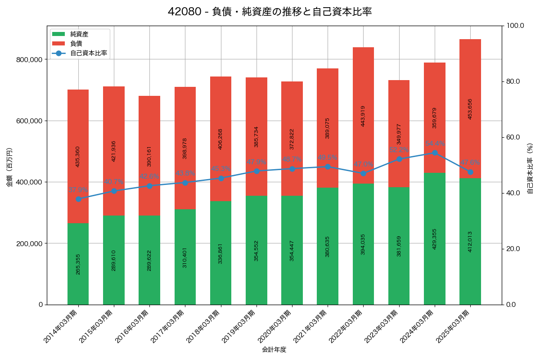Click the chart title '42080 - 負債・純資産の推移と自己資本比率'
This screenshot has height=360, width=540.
(270, 12)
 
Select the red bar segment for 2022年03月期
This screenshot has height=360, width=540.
(363, 115)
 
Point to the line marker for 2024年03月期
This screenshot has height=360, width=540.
(435, 153)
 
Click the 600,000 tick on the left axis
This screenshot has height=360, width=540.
(29, 121)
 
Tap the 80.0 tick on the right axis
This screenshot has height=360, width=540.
(513, 81)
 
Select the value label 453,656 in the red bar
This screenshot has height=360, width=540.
(470, 109)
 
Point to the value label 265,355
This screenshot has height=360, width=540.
(78, 264)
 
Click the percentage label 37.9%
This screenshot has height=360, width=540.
(78, 190)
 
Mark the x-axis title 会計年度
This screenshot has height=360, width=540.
(274, 349)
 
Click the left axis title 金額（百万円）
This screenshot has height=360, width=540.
(9, 167)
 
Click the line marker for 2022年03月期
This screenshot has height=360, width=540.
(363, 173)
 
